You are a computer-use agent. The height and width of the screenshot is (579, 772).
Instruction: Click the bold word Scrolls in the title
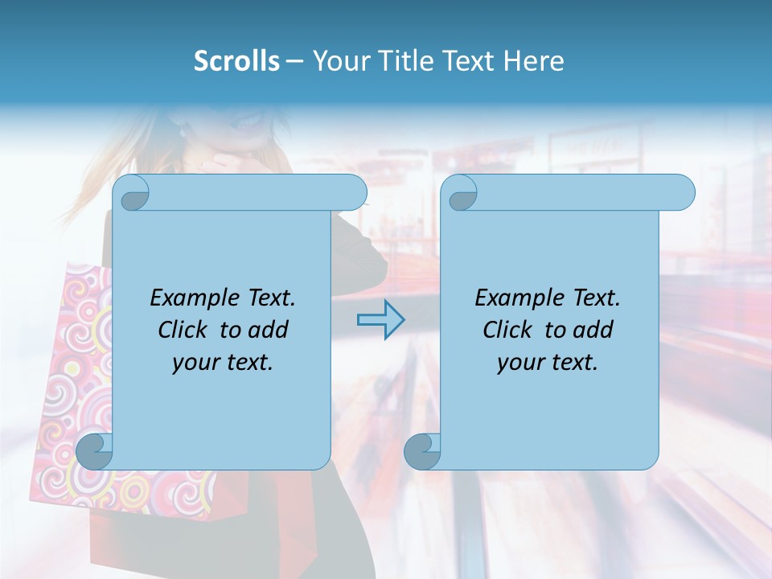click(x=236, y=61)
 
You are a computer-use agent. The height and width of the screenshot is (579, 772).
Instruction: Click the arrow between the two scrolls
click(x=380, y=320)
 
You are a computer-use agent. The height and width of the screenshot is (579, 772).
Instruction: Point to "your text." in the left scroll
click(x=223, y=363)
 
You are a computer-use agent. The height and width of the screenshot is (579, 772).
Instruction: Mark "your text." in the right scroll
click(x=548, y=363)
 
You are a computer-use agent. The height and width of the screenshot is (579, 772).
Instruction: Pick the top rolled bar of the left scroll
click(x=249, y=192)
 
